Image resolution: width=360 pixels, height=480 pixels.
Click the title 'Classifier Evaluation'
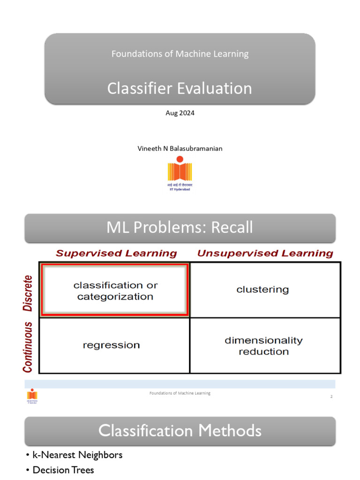click(x=180, y=88)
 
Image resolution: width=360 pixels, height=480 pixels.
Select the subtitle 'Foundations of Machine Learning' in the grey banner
click(x=180, y=54)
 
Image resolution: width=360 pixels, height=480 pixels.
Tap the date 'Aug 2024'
click(x=180, y=113)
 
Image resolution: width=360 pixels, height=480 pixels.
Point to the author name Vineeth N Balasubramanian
click(x=180, y=149)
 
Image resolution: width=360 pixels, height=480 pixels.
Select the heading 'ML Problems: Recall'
click(x=180, y=227)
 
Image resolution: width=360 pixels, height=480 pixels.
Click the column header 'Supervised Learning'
click(x=116, y=254)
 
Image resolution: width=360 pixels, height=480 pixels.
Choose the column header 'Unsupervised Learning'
click(x=265, y=254)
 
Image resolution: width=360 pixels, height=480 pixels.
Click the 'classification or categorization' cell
click(x=115, y=291)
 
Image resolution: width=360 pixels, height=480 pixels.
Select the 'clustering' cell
click(x=262, y=290)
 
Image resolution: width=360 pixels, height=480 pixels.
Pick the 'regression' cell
click(x=111, y=345)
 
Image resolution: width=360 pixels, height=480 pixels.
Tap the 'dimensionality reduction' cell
click(x=263, y=346)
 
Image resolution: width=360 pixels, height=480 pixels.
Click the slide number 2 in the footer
click(x=331, y=397)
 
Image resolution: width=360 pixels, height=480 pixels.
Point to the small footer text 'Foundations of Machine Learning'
click(x=180, y=393)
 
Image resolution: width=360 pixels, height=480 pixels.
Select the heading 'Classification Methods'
click(x=180, y=430)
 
